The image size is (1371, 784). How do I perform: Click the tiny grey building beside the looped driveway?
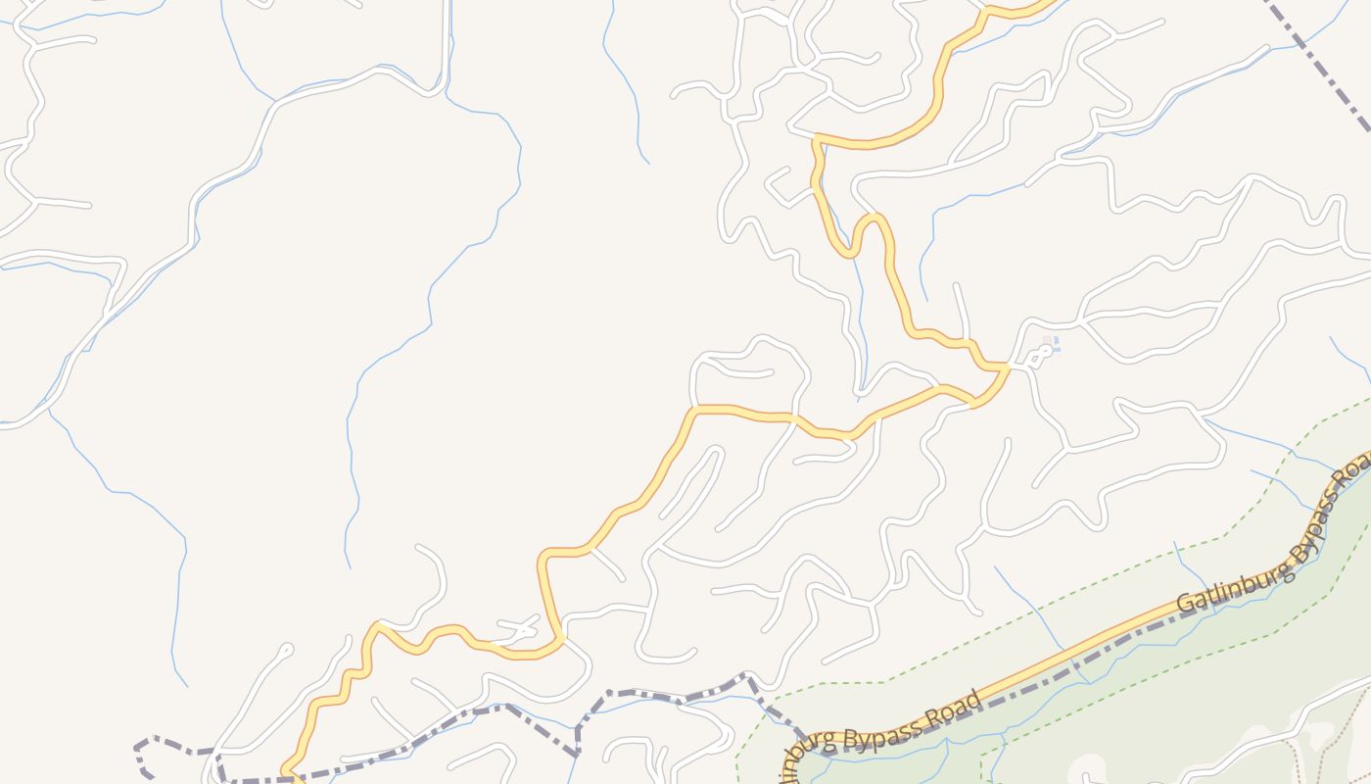[x=1047, y=341]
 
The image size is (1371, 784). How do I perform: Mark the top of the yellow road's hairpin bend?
[x=874, y=218]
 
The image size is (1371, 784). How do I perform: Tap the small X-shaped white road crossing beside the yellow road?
[x=519, y=626]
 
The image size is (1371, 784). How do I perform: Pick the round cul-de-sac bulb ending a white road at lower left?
[x=286, y=648]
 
